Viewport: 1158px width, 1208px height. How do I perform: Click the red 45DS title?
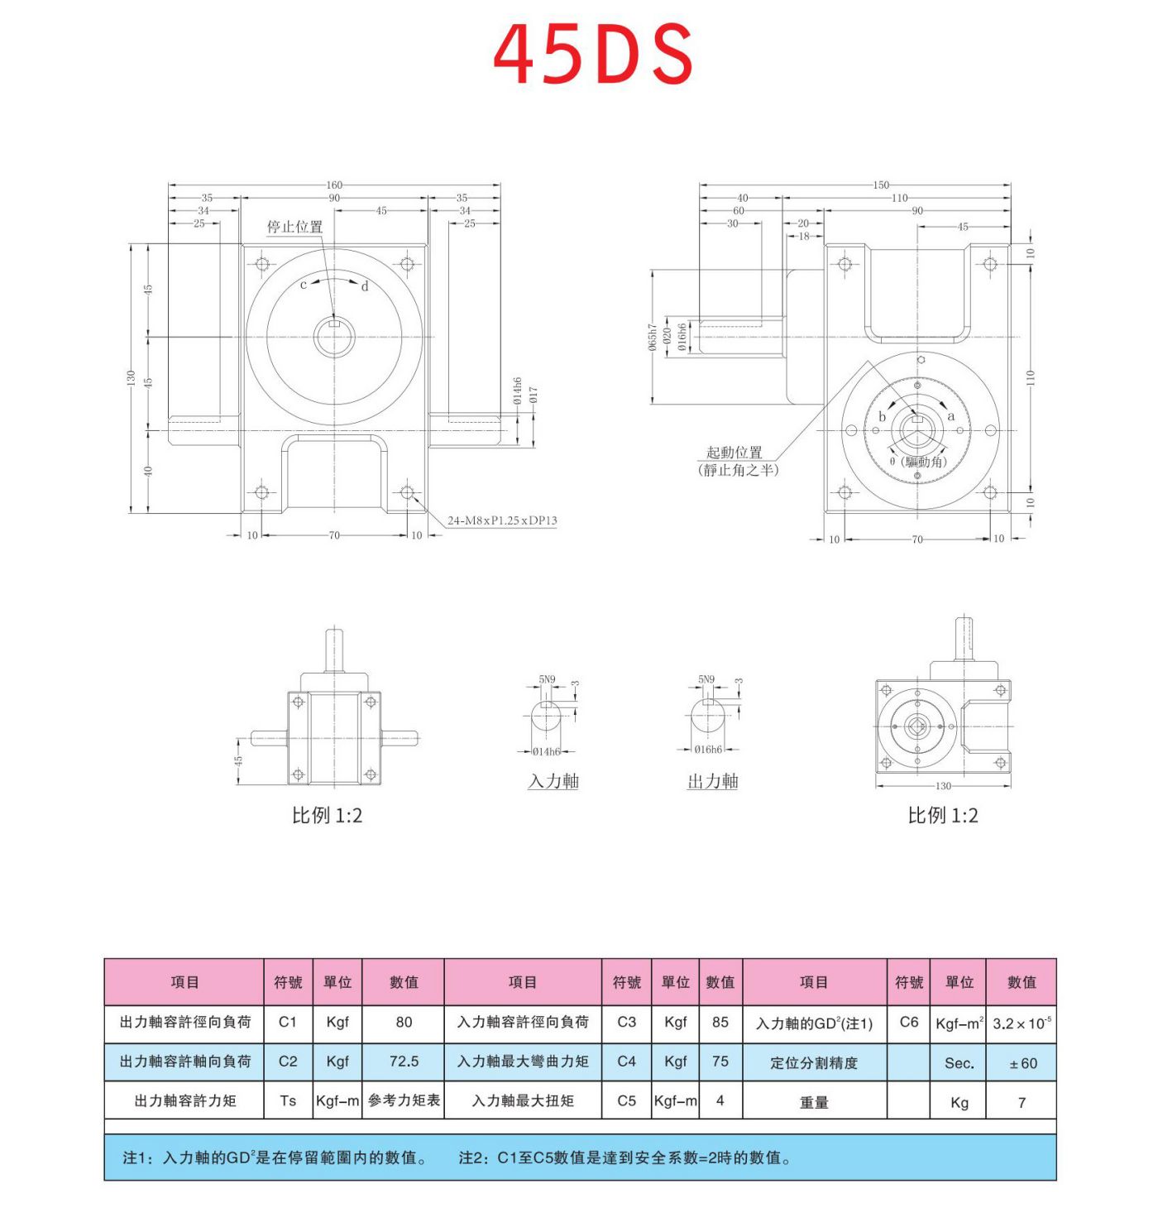[592, 54]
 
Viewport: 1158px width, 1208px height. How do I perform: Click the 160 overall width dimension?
[333, 185]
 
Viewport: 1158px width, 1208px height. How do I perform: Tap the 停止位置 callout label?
[294, 228]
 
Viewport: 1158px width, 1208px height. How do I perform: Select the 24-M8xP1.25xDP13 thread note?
[501, 520]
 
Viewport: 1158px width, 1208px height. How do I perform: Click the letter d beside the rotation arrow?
[365, 287]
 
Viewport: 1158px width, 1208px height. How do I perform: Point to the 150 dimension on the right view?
[880, 185]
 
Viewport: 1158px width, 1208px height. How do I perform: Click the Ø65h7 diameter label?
[653, 338]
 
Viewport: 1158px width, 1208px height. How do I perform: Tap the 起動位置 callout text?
[734, 453]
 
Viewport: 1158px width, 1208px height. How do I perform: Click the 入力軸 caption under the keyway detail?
[553, 781]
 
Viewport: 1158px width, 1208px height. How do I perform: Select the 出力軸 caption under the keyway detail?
[712, 781]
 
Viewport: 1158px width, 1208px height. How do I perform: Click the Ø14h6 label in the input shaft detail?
[546, 751]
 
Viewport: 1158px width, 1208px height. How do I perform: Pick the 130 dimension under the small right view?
[943, 786]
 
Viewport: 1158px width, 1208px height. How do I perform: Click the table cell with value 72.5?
[404, 1062]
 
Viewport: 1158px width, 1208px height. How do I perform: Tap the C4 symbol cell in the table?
[626, 1062]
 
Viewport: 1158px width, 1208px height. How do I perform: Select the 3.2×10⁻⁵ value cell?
[1022, 1023]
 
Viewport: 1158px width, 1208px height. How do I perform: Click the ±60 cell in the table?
[1022, 1063]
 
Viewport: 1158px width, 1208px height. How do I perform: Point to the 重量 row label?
[814, 1102]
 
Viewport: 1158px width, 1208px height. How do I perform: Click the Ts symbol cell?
[288, 1100]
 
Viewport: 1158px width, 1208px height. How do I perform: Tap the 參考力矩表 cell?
[404, 1100]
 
